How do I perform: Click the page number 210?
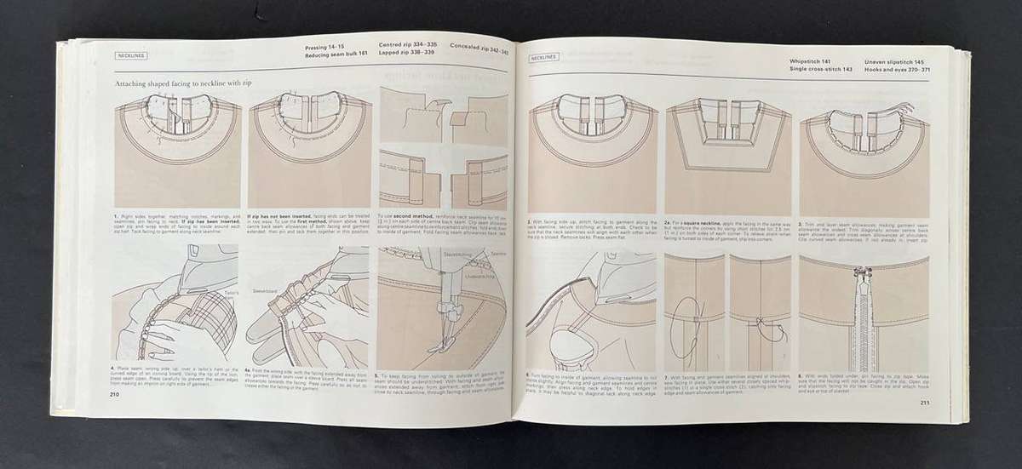(114, 395)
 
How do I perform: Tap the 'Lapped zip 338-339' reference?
(406, 52)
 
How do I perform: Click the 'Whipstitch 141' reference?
(812, 62)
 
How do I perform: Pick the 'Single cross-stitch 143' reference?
(821, 70)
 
